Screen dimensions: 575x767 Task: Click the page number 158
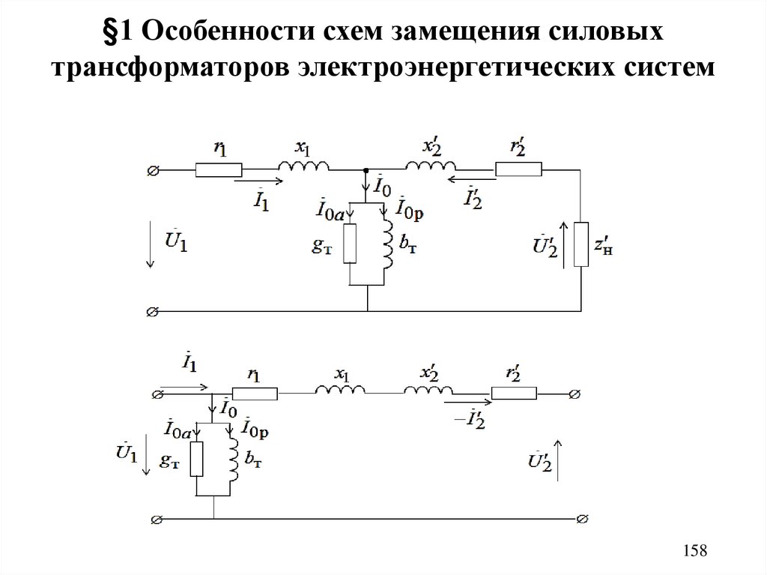[695, 551]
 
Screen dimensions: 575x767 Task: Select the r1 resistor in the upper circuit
[219, 171]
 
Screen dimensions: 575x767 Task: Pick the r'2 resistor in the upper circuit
[518, 171]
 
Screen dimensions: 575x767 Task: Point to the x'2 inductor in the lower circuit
[428, 391]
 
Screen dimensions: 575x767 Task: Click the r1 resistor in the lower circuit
[255, 393]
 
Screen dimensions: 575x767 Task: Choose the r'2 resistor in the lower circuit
[514, 393]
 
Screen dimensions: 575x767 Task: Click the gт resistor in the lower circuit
[196, 460]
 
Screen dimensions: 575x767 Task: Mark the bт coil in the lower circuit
[231, 460]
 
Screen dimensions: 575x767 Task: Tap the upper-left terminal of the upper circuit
[153, 171]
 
